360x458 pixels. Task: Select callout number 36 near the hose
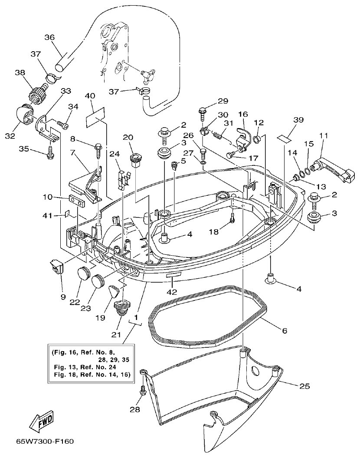point(49,38)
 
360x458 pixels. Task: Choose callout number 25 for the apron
point(304,386)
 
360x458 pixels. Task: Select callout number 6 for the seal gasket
point(284,331)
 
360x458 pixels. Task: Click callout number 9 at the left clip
point(63,297)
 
